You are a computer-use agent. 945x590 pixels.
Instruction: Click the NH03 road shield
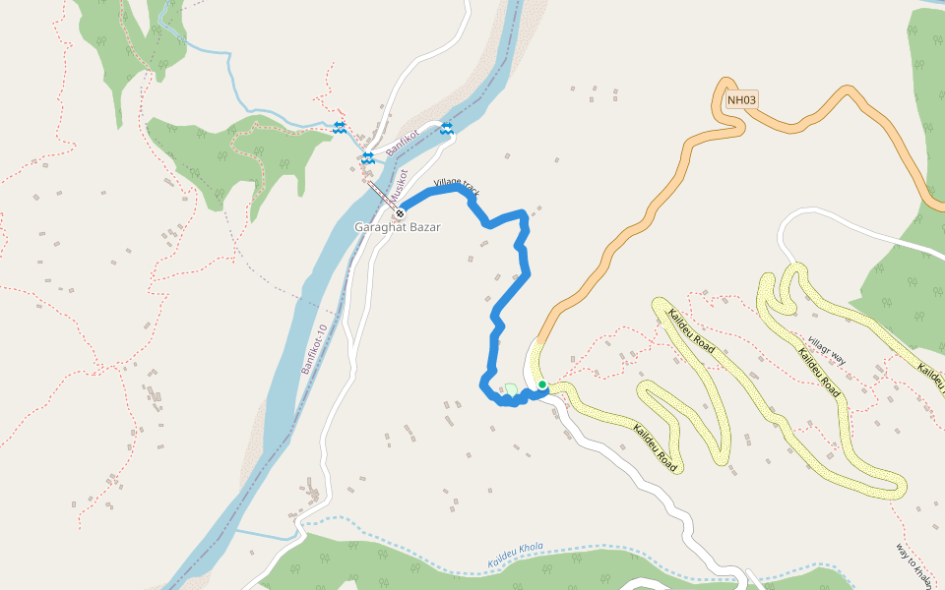742,99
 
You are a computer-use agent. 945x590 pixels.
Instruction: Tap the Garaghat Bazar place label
398,227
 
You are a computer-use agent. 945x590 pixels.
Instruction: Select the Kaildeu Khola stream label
516,556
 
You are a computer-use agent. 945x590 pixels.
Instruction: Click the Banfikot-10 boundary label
313,349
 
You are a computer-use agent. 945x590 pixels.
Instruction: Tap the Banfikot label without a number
403,145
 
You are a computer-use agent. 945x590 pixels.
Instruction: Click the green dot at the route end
542,384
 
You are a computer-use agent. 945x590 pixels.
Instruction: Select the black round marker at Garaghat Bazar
401,212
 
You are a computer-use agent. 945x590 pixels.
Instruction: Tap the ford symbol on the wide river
447,129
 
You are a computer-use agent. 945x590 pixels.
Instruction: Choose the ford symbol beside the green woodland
340,127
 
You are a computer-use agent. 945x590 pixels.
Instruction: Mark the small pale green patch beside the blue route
509,390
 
